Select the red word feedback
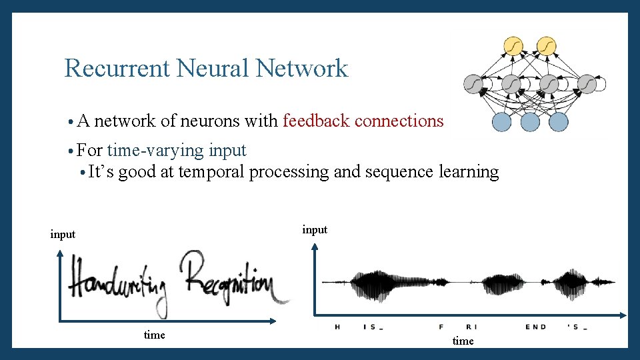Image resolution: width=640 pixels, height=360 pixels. (x=317, y=121)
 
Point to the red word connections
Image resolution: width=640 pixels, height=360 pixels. (x=399, y=121)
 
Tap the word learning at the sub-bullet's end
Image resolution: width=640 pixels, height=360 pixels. (x=469, y=172)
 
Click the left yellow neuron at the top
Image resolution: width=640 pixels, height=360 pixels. (x=513, y=45)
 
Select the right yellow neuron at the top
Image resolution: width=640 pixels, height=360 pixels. (x=546, y=45)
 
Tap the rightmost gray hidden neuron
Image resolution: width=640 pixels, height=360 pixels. (x=587, y=84)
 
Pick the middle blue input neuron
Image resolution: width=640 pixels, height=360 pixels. (x=530, y=122)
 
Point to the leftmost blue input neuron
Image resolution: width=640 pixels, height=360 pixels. (x=501, y=122)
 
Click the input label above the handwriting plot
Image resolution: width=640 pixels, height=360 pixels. (x=63, y=234)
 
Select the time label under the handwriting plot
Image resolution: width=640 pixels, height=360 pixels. (x=154, y=335)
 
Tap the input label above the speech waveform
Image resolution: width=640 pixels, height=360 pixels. (x=315, y=229)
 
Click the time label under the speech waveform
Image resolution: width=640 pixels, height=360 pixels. (x=463, y=341)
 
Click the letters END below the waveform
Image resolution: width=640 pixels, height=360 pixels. (x=535, y=327)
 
